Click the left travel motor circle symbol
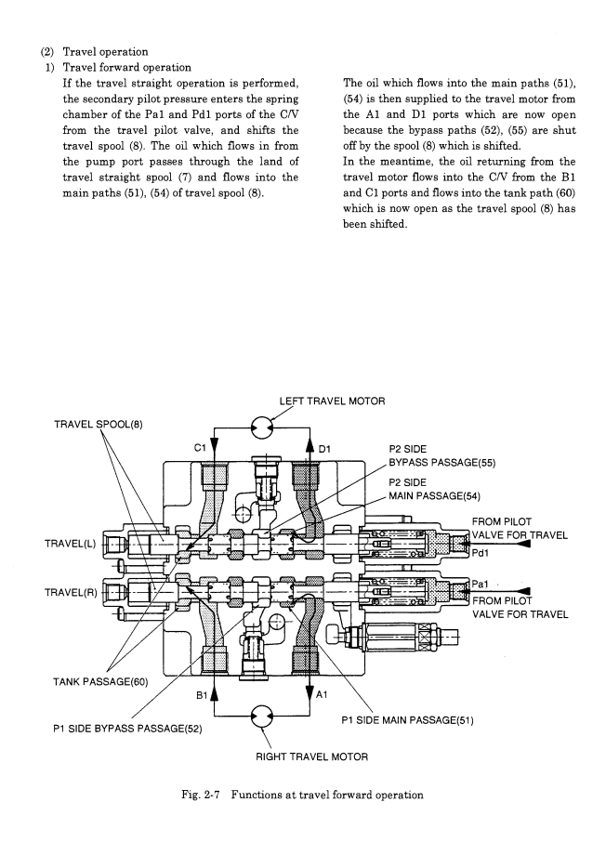(x=261, y=427)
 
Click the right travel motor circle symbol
(x=261, y=716)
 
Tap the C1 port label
(x=200, y=448)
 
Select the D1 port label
(x=324, y=449)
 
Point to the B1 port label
(x=203, y=695)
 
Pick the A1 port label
(x=322, y=694)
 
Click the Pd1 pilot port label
(x=481, y=553)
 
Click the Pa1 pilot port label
(x=480, y=584)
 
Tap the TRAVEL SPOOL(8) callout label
(x=99, y=424)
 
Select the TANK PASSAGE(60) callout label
(x=100, y=681)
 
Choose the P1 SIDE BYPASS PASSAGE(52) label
(x=127, y=729)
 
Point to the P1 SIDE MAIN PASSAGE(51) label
(x=407, y=720)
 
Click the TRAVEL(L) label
(x=70, y=544)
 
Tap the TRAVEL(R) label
(x=71, y=592)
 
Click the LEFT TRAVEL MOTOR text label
(x=332, y=401)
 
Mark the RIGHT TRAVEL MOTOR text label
(x=312, y=756)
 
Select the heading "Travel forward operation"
(x=127, y=68)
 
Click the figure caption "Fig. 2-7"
(x=200, y=795)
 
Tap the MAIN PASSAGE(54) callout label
(x=434, y=495)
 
